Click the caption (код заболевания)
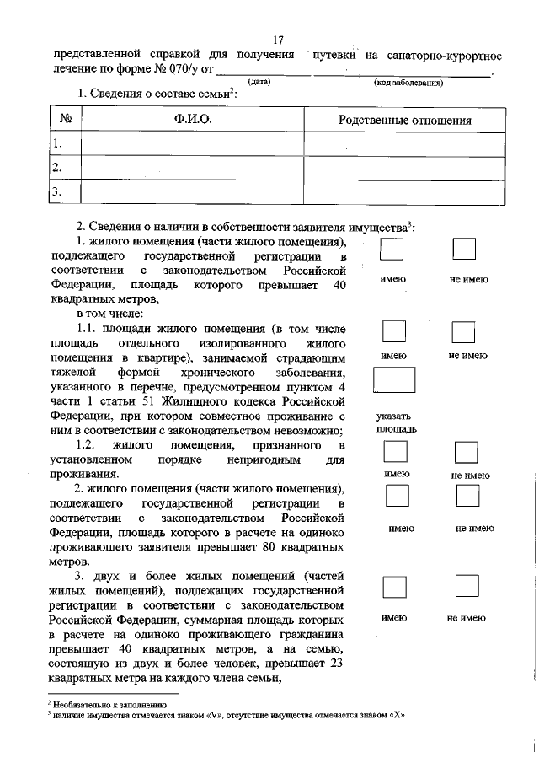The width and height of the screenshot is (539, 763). coord(408,83)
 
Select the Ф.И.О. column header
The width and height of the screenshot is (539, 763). coord(192,121)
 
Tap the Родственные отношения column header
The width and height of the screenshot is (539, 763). coord(404,121)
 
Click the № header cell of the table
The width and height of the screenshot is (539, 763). coord(65,121)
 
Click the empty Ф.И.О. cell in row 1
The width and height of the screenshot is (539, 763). coord(192,144)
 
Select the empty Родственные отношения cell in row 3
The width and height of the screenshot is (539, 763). coord(404,193)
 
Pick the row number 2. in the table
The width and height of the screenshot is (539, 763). coord(57,168)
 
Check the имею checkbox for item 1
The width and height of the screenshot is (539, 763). coord(392,250)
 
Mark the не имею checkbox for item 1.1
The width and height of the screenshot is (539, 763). coord(464,331)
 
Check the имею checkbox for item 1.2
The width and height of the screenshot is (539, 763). coord(393,453)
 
